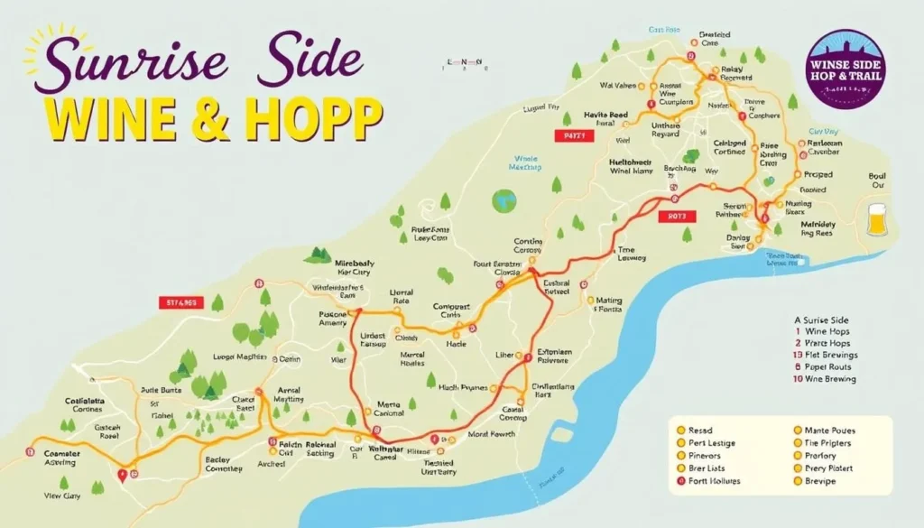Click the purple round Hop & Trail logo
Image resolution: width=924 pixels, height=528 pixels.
coord(847,69)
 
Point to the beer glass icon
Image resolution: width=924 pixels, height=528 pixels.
coord(876,220)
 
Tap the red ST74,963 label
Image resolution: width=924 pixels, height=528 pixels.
coord(181,302)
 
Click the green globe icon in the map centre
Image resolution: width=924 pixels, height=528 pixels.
coord(504,200)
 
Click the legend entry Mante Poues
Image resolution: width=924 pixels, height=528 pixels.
coord(827,431)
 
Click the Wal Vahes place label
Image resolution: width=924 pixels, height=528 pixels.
coord(618,87)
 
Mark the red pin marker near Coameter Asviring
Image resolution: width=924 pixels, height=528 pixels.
coord(124,473)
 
